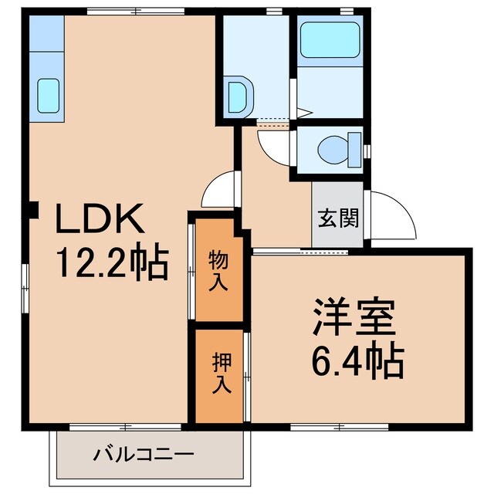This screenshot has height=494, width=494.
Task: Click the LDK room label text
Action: [x=98, y=222]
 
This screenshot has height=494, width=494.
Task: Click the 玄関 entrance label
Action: [x=339, y=218]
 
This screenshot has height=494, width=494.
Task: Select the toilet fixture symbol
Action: [x=339, y=146]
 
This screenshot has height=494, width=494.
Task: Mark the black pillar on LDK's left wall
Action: [x=32, y=209]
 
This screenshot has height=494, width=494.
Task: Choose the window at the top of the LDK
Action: [x=136, y=11]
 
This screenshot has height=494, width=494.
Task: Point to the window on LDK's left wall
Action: [x=25, y=277]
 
